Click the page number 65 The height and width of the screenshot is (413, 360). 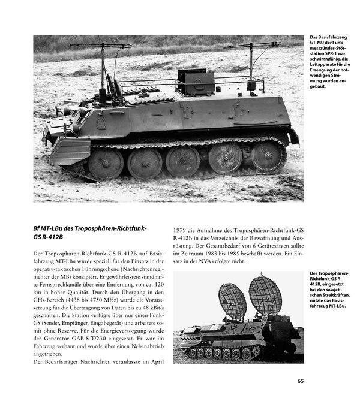pyautogui.click(x=300, y=381)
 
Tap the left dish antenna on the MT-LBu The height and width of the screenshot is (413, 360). pyautogui.click(x=232, y=302)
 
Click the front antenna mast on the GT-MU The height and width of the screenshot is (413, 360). pyautogui.click(x=103, y=66)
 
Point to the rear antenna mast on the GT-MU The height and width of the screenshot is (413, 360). pyautogui.click(x=252, y=63)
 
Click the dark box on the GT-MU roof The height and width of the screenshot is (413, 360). pyautogui.click(x=196, y=82)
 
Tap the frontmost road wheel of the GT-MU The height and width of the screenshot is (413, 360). pyautogui.click(x=105, y=163)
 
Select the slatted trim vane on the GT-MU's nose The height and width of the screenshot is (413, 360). pyautogui.click(x=70, y=151)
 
